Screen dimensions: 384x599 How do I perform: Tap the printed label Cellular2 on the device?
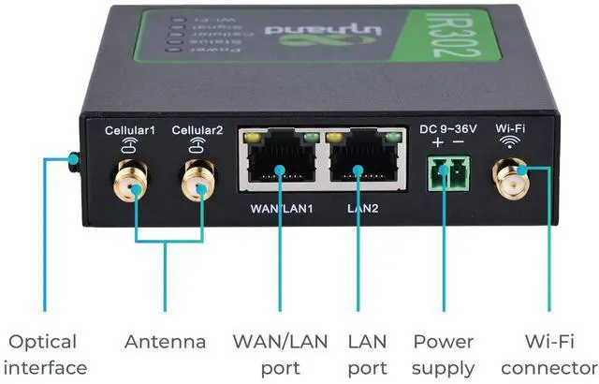click(197, 130)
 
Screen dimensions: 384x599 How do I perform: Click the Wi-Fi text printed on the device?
click(510, 127)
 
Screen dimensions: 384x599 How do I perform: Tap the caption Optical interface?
click(44, 354)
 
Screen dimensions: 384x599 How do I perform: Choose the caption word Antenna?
click(165, 341)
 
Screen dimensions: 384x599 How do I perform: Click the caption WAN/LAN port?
click(281, 354)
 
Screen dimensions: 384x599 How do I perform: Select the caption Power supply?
click(444, 354)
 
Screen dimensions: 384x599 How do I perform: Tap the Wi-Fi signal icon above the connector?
click(510, 142)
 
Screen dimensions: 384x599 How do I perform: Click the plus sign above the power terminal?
click(437, 142)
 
